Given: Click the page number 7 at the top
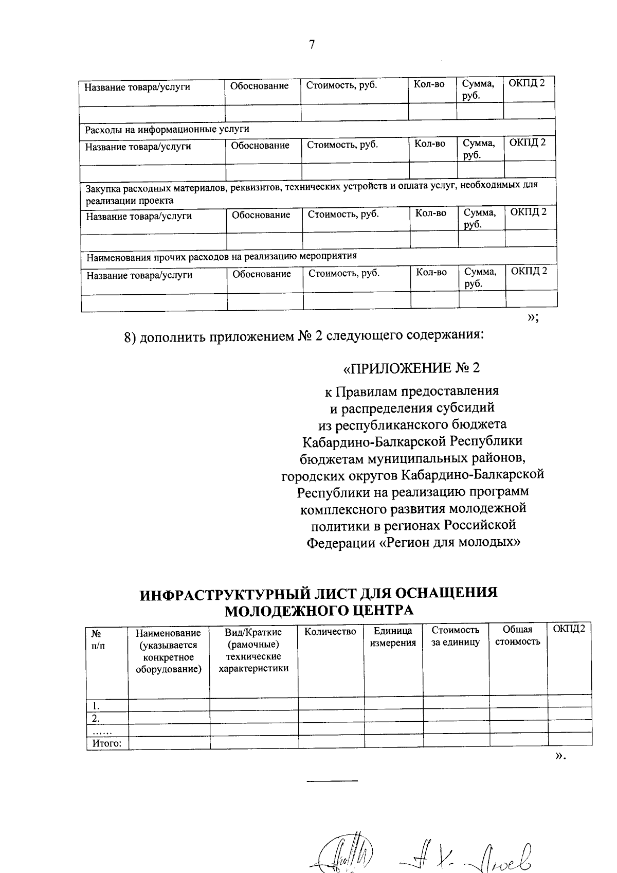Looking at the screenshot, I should [x=312, y=45].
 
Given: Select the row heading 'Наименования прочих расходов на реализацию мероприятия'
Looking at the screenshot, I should [x=221, y=256].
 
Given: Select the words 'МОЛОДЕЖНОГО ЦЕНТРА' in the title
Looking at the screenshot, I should [x=319, y=610].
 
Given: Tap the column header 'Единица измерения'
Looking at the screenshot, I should [x=393, y=637].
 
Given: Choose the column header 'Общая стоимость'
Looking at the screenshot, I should [x=517, y=636].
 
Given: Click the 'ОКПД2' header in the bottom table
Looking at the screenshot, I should [x=569, y=629].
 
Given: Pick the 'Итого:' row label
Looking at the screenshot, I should [x=107, y=743].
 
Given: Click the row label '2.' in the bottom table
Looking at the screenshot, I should [x=96, y=718].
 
